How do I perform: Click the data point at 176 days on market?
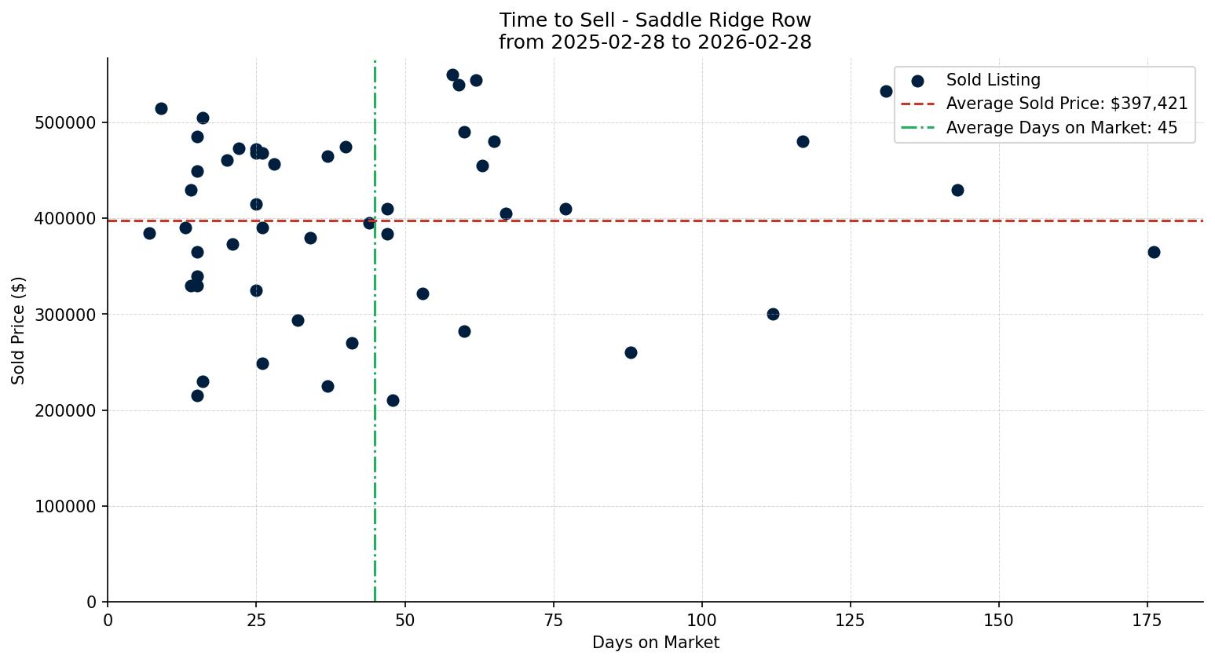(1154, 252)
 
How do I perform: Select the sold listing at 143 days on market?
(957, 190)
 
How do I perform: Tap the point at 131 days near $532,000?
(886, 91)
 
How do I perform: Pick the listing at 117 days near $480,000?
(803, 141)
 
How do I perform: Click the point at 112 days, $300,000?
(773, 314)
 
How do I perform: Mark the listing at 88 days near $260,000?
(631, 352)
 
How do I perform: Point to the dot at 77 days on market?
(565, 209)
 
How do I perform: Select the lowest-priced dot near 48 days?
(393, 400)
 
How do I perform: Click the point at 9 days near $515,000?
(161, 108)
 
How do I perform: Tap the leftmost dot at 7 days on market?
(149, 233)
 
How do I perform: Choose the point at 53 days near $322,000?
(423, 293)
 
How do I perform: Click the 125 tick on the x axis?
(851, 621)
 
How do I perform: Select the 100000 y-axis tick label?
(66, 507)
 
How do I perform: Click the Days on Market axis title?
(655, 643)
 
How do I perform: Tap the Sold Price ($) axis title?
(18, 330)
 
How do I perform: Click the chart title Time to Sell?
(655, 20)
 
